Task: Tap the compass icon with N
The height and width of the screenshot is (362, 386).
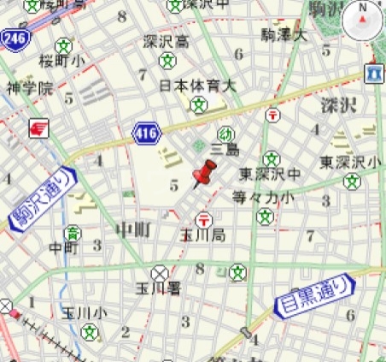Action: tap(362, 20)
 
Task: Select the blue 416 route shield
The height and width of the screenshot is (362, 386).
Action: tap(146, 133)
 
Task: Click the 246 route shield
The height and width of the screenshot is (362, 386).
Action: tap(13, 39)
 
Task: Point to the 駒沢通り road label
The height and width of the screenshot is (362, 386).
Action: tap(42, 199)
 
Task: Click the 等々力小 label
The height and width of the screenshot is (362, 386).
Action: tap(263, 197)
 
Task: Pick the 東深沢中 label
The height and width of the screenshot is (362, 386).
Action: tap(270, 175)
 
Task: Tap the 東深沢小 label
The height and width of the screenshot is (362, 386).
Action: tap(349, 162)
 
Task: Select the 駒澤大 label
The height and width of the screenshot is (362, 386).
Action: tap(283, 35)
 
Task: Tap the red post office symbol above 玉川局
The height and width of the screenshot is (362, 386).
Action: tap(203, 218)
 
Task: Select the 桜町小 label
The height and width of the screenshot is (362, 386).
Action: tap(61, 61)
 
